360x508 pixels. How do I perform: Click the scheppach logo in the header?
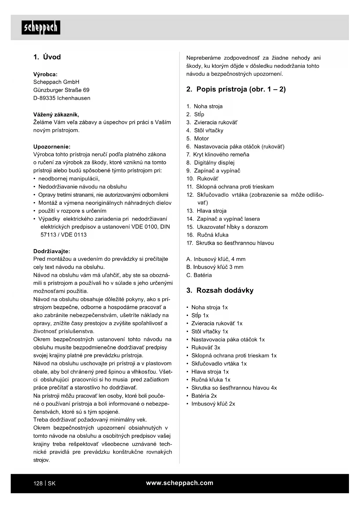pos(41,28)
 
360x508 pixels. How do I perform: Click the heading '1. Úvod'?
pos(47,57)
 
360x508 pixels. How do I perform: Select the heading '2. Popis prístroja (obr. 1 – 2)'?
pos(236,89)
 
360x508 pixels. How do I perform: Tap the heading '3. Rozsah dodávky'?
pos(220,290)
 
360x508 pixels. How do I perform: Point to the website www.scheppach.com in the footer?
pos(180,483)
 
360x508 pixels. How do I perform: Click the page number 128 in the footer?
pos(38,483)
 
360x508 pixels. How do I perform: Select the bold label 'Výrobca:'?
pos(45,74)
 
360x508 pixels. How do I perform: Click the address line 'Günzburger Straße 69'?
pos(61,90)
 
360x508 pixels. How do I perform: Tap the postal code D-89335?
pos(44,98)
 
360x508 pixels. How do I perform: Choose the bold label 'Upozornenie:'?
pos(52,147)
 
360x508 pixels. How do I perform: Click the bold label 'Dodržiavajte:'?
pos(52,251)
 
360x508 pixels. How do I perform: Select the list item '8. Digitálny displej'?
pos(210,163)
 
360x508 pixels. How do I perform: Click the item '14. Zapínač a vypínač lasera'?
pos(223,219)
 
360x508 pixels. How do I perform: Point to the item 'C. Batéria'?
pos(199,275)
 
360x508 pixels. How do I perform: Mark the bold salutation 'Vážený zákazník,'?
pos(56,114)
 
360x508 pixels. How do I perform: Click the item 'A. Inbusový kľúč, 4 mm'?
pos(216,259)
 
